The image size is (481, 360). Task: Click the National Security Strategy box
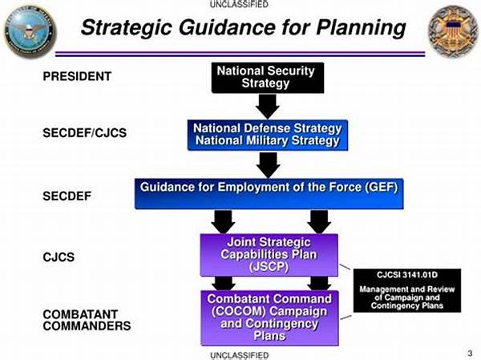click(268, 78)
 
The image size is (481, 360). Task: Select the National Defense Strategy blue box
click(268, 135)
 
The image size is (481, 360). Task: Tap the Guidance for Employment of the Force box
click(269, 194)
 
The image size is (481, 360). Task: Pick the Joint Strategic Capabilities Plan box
click(269, 255)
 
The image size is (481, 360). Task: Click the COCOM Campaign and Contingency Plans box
click(269, 318)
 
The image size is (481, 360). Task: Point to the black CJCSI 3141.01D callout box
click(407, 290)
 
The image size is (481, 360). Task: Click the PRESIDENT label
click(77, 76)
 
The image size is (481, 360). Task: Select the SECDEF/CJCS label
click(85, 133)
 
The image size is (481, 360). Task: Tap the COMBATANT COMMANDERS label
click(87, 320)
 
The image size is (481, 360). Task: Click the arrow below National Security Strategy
click(268, 106)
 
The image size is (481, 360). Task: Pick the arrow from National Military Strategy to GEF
click(268, 165)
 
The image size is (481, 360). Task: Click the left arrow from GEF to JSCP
click(224, 221)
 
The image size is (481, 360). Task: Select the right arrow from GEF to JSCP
click(319, 221)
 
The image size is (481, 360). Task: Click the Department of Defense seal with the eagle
click(30, 31)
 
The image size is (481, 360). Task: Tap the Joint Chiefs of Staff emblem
click(454, 31)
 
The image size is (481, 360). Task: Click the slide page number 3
click(470, 354)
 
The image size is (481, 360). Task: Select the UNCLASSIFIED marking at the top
click(239, 4)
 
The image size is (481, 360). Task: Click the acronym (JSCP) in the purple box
click(269, 267)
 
